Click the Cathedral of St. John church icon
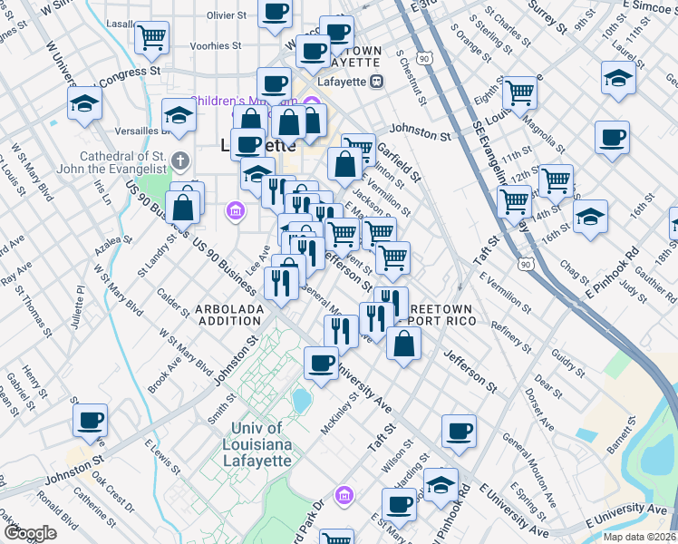click(180, 162)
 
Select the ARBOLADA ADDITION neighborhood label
click(229, 315)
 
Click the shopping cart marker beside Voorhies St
click(151, 37)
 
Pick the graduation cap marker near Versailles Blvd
click(179, 115)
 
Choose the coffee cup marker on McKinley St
click(320, 363)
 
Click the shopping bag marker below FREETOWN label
click(403, 343)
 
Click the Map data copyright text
click(640, 537)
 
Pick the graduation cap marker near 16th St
click(590, 217)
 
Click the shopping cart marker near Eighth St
click(519, 92)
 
